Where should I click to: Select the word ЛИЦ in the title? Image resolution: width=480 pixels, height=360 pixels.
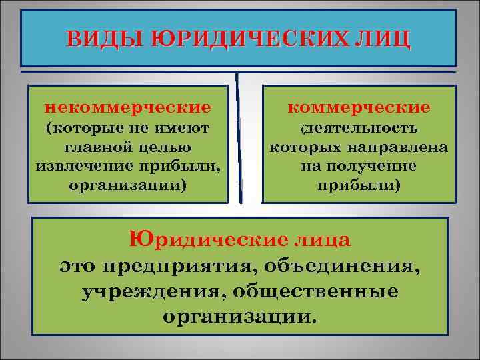(385, 39)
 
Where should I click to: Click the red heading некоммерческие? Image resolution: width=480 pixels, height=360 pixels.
(127, 107)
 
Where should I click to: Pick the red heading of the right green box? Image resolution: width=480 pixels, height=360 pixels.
(359, 107)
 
